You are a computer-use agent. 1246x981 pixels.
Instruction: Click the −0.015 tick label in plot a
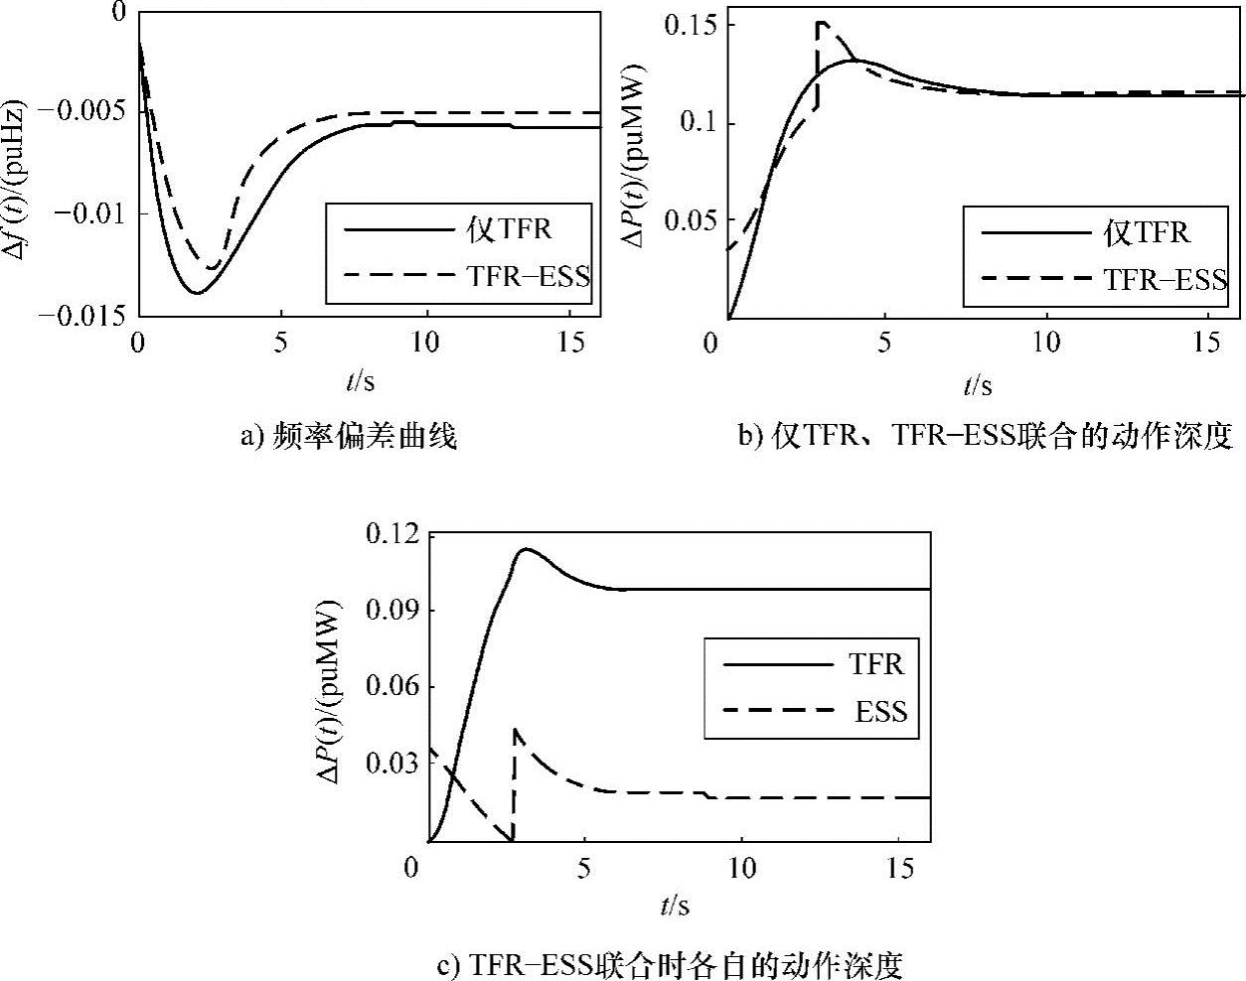click(81, 317)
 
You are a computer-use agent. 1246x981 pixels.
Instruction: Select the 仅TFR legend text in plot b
click(1147, 232)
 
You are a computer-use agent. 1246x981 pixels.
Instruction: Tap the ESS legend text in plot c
click(880, 711)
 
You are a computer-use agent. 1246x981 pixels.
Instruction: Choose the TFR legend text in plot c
click(876, 662)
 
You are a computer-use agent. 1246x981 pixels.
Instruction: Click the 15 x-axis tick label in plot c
click(898, 869)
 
